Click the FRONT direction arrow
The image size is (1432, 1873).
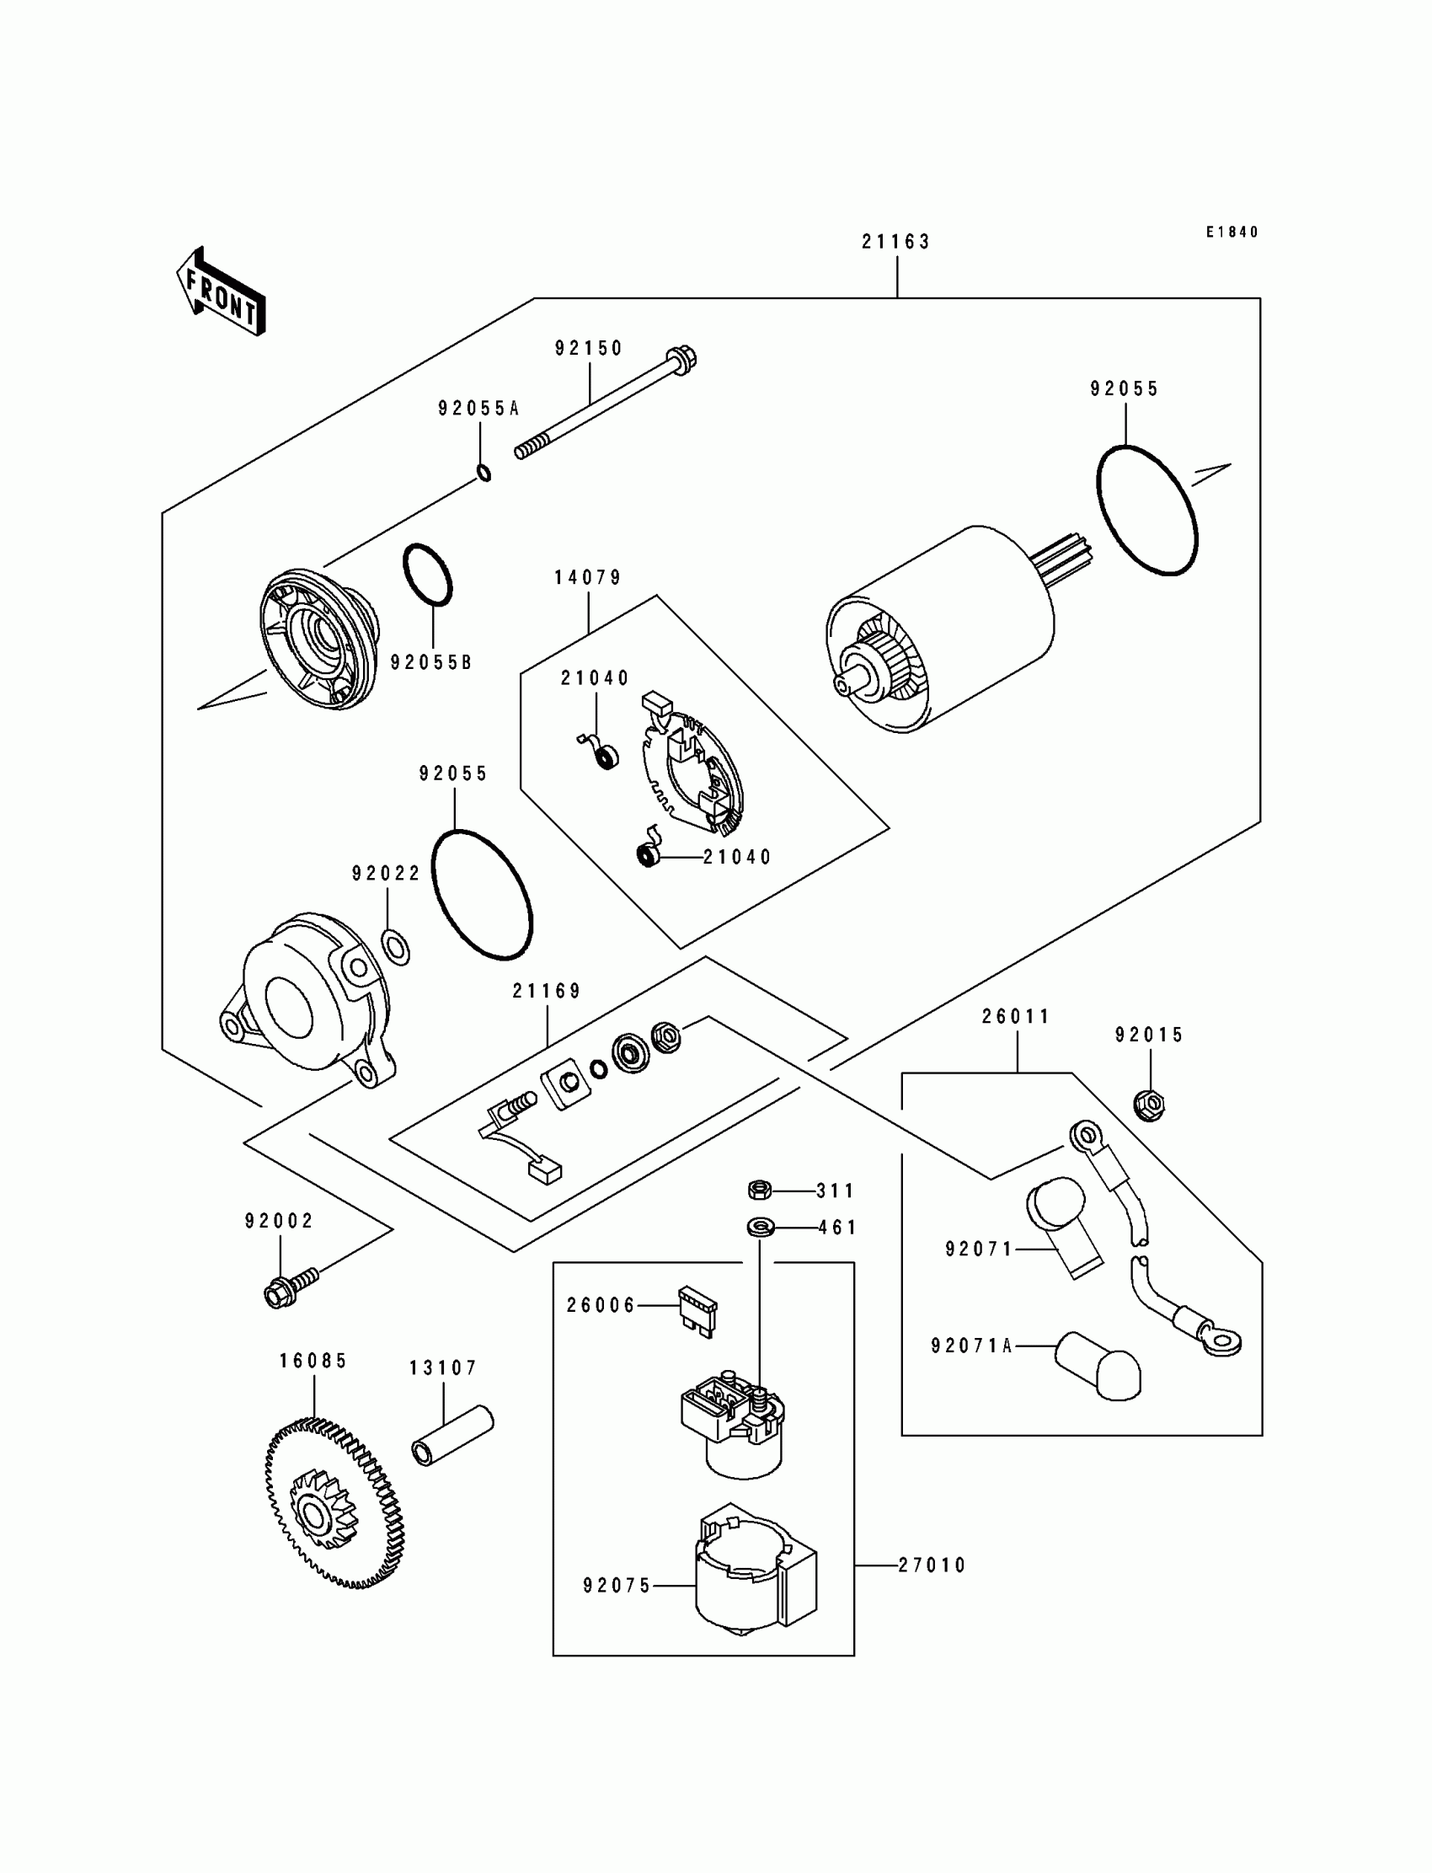point(221,291)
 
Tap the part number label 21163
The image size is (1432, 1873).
point(896,242)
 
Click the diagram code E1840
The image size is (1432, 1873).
point(1232,232)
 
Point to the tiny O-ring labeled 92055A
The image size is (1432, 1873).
point(484,472)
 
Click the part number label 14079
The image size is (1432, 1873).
point(588,577)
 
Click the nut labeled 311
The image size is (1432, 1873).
point(760,1191)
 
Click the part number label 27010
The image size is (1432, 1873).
point(932,1565)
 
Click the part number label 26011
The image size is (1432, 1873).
point(1016,1016)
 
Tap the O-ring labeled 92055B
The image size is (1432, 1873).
point(428,575)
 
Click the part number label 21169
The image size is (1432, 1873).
point(547,991)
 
